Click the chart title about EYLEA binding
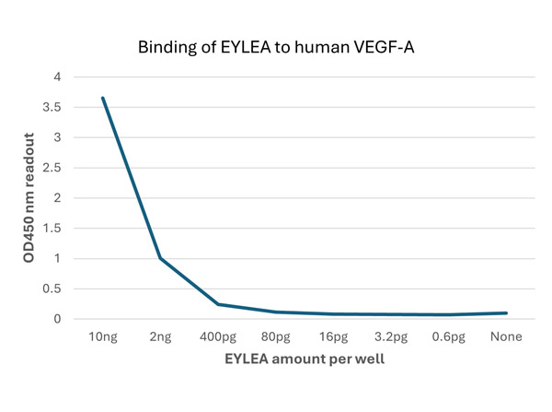pyautogui.click(x=275, y=46)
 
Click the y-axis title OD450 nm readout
pyautogui.click(x=29, y=198)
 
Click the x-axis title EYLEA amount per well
pyautogui.click(x=305, y=359)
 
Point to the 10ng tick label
pyautogui.click(x=103, y=336)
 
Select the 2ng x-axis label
pyautogui.click(x=161, y=336)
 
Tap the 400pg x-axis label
pyautogui.click(x=218, y=336)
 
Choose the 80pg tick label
pyautogui.click(x=276, y=336)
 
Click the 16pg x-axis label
pyautogui.click(x=333, y=336)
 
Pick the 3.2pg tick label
pyautogui.click(x=391, y=336)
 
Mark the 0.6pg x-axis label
pyautogui.click(x=448, y=336)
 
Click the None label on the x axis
pyautogui.click(x=505, y=336)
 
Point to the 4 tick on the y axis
pyautogui.click(x=57, y=77)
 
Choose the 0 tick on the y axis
pyautogui.click(x=57, y=319)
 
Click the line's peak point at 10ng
pyautogui.click(x=103, y=98)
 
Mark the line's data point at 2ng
pyautogui.click(x=161, y=258)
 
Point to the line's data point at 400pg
pyautogui.click(x=218, y=304)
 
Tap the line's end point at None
pyautogui.click(x=505, y=313)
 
